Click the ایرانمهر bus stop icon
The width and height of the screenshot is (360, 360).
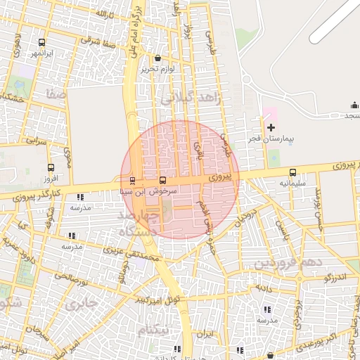(x=41, y=43)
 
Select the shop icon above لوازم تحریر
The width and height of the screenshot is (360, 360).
(x=156, y=58)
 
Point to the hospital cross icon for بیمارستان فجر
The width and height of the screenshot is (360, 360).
(x=271, y=127)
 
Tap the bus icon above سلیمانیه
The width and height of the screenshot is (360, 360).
(x=292, y=172)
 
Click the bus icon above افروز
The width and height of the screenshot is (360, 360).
(x=50, y=167)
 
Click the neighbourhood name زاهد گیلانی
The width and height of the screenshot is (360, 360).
(x=190, y=99)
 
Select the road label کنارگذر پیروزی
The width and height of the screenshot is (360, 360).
(x=41, y=195)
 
